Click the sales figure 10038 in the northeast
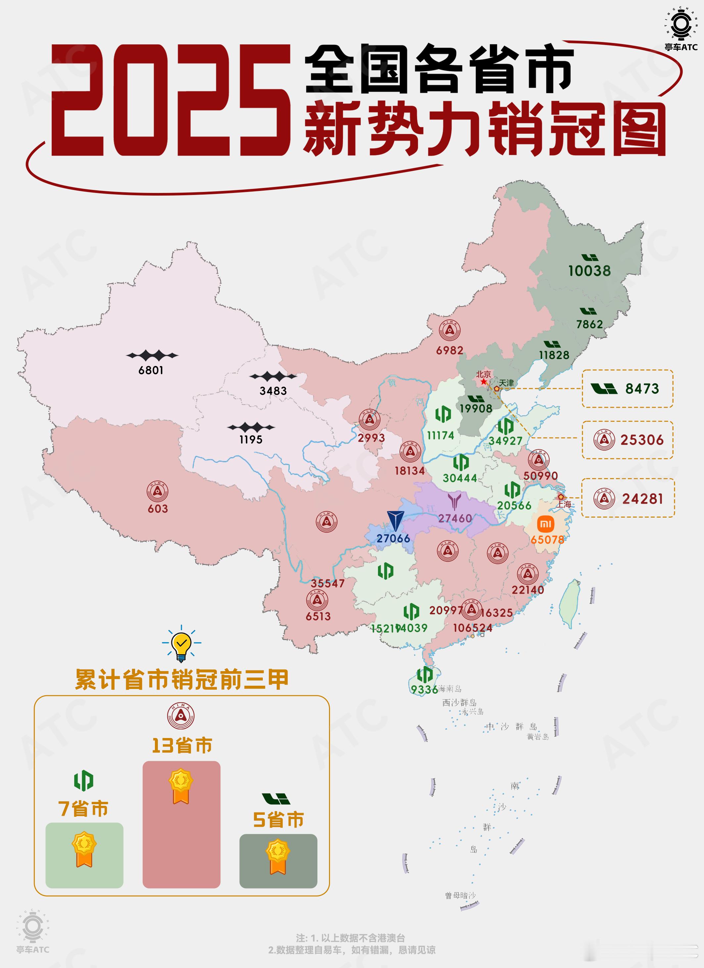pyautogui.click(x=589, y=271)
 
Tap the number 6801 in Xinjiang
pyautogui.click(x=151, y=370)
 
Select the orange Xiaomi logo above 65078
pyautogui.click(x=545, y=524)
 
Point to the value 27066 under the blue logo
pyautogui.click(x=393, y=538)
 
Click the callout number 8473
pyautogui.click(x=642, y=389)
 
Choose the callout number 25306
pyautogui.click(x=642, y=440)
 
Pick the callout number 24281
pyautogui.click(x=642, y=498)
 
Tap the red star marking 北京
pyautogui.click(x=483, y=382)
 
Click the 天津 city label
pyautogui.click(x=506, y=383)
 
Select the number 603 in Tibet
pyautogui.click(x=158, y=509)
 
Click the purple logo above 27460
pyautogui.click(x=454, y=501)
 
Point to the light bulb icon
pyautogui.click(x=181, y=643)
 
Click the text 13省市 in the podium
pyautogui.click(x=182, y=746)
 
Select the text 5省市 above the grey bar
pyautogui.click(x=278, y=819)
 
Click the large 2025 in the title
pyautogui.click(x=171, y=100)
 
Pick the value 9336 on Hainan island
pyautogui.click(x=424, y=689)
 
